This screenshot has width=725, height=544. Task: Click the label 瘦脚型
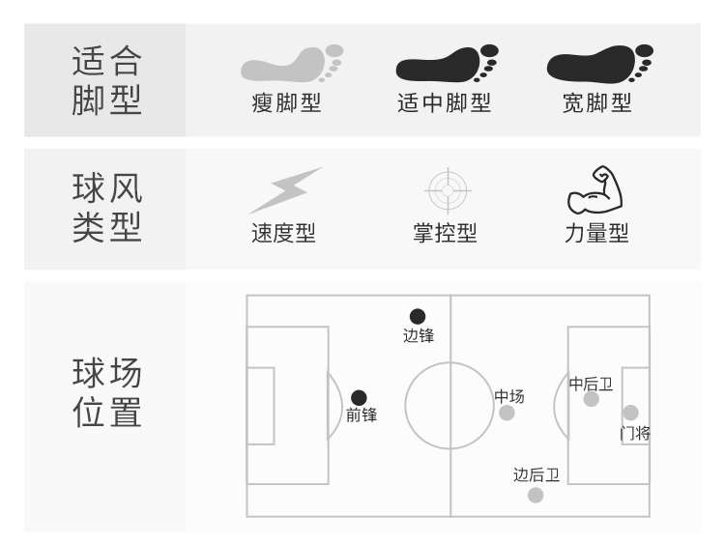coord(286,103)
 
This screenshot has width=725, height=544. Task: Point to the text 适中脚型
coord(444,103)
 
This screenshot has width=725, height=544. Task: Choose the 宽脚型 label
coord(596,103)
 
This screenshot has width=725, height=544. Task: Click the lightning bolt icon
coord(285,190)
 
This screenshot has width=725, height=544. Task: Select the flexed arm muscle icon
coord(594,189)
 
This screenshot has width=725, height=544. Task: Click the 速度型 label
coord(283,233)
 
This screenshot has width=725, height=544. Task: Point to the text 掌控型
coord(445,233)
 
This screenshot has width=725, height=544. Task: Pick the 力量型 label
coord(596,233)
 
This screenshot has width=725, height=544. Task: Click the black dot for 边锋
coord(418,316)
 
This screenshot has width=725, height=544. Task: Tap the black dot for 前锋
coord(359,397)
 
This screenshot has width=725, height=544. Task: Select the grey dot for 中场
coord(507,413)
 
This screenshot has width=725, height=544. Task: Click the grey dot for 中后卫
coord(592,398)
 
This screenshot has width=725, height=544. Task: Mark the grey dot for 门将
coord(630,413)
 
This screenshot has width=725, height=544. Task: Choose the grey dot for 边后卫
coord(536,495)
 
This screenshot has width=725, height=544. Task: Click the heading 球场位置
coord(106,392)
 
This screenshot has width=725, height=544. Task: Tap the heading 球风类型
coord(106,208)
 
